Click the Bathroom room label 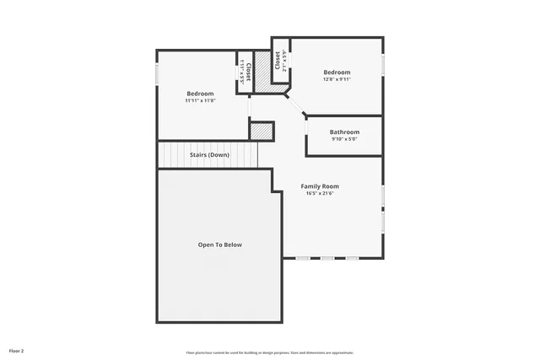pyautogui.click(x=344, y=132)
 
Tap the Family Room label pyautogui.click(x=320, y=186)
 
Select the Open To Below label pyautogui.click(x=219, y=244)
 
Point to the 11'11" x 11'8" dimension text pyautogui.click(x=200, y=100)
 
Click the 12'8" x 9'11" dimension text pyautogui.click(x=337, y=80)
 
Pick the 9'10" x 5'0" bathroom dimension pyautogui.click(x=344, y=140)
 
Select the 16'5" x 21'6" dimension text pyautogui.click(x=320, y=194)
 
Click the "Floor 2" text pyautogui.click(x=17, y=350)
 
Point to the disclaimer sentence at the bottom pyautogui.click(x=270, y=352)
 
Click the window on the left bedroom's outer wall pyautogui.click(x=157, y=73)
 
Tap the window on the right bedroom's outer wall pyautogui.click(x=382, y=65)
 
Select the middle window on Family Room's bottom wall pyautogui.click(x=327, y=258)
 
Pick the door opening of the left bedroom pyautogui.click(x=249, y=109)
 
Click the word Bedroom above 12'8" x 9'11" pyautogui.click(x=337, y=73)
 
